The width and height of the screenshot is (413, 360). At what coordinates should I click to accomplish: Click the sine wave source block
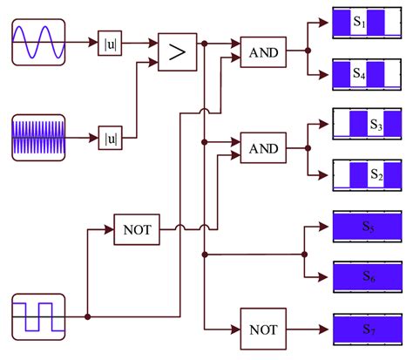coord(38,41)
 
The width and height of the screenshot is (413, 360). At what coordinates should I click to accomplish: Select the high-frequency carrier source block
coord(38,137)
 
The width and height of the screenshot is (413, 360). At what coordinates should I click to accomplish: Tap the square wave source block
coord(38,316)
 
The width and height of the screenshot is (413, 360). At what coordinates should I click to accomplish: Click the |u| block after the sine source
coord(111,42)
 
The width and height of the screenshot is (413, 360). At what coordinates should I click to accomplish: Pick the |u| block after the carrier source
coord(111,138)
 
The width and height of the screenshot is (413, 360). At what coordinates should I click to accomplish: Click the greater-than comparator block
coord(177,52)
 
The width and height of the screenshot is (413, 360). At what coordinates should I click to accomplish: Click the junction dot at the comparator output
coord(204,41)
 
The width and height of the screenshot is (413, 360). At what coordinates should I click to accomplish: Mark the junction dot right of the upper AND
coord(307,52)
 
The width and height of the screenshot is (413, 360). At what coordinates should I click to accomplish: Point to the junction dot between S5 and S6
coord(303,255)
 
